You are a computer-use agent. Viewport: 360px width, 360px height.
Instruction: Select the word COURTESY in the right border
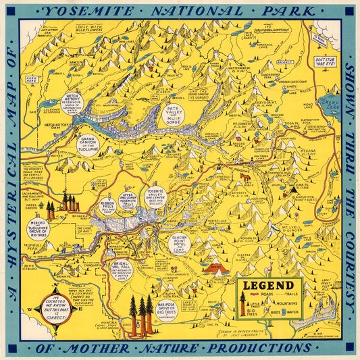349,266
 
